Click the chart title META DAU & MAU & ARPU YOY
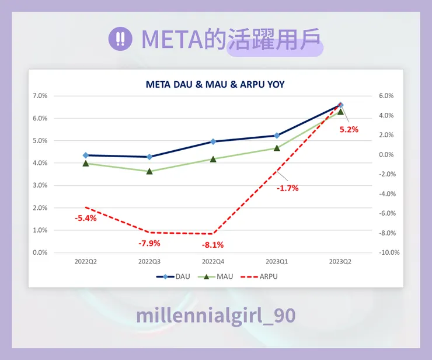(x=215, y=85)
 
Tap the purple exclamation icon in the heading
(x=120, y=39)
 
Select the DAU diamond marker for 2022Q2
(x=86, y=155)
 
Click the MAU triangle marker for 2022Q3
(x=149, y=171)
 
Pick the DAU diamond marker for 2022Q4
(x=213, y=141)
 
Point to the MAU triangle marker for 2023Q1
(x=277, y=148)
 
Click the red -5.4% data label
(x=85, y=218)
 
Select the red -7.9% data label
(x=149, y=243)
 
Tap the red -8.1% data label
(x=213, y=245)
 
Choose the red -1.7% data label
(x=288, y=188)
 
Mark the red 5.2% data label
(x=349, y=130)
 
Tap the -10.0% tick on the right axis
(x=389, y=252)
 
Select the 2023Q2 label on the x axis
(x=341, y=262)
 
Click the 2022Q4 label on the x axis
(x=213, y=262)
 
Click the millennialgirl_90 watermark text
(x=215, y=316)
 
